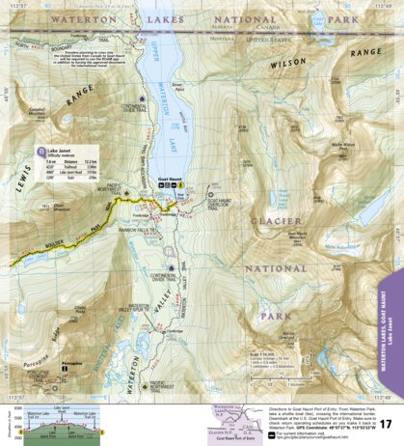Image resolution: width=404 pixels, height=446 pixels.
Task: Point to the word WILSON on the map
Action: [287, 65]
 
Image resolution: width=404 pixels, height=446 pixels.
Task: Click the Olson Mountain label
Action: [63, 205]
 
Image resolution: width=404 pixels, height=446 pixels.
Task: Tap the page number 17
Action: [385, 424]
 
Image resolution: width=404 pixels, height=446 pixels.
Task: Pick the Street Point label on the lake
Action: [176, 86]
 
